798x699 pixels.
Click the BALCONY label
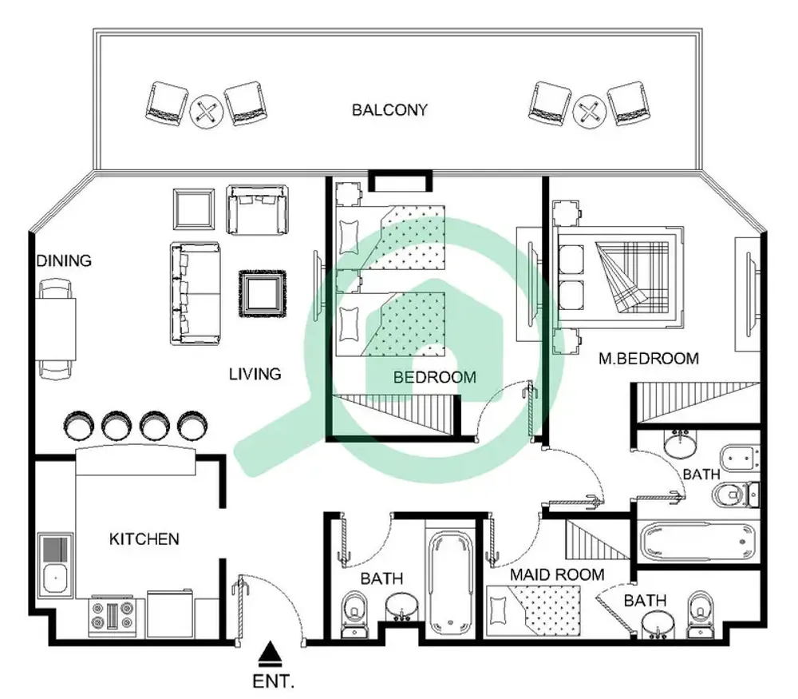coord(389,110)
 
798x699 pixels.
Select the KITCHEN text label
coord(144,539)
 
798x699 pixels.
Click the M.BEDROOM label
coord(648,359)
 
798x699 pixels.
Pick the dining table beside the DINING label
coord(58,328)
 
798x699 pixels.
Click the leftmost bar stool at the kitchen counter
coord(80,425)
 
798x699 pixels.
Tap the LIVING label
coord(255,373)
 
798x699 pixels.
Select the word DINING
coord(63,260)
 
